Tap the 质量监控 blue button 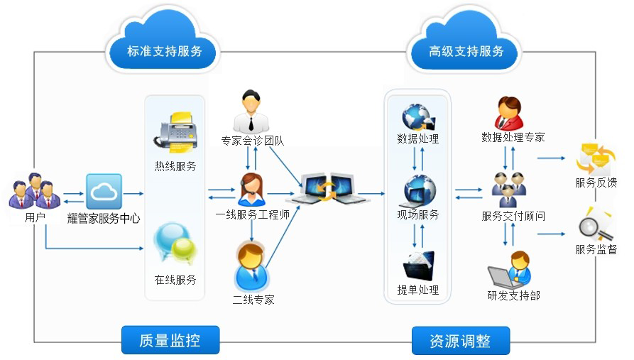[170, 340]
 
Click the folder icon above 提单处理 [418, 266]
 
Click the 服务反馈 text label [596, 182]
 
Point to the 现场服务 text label [417, 214]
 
